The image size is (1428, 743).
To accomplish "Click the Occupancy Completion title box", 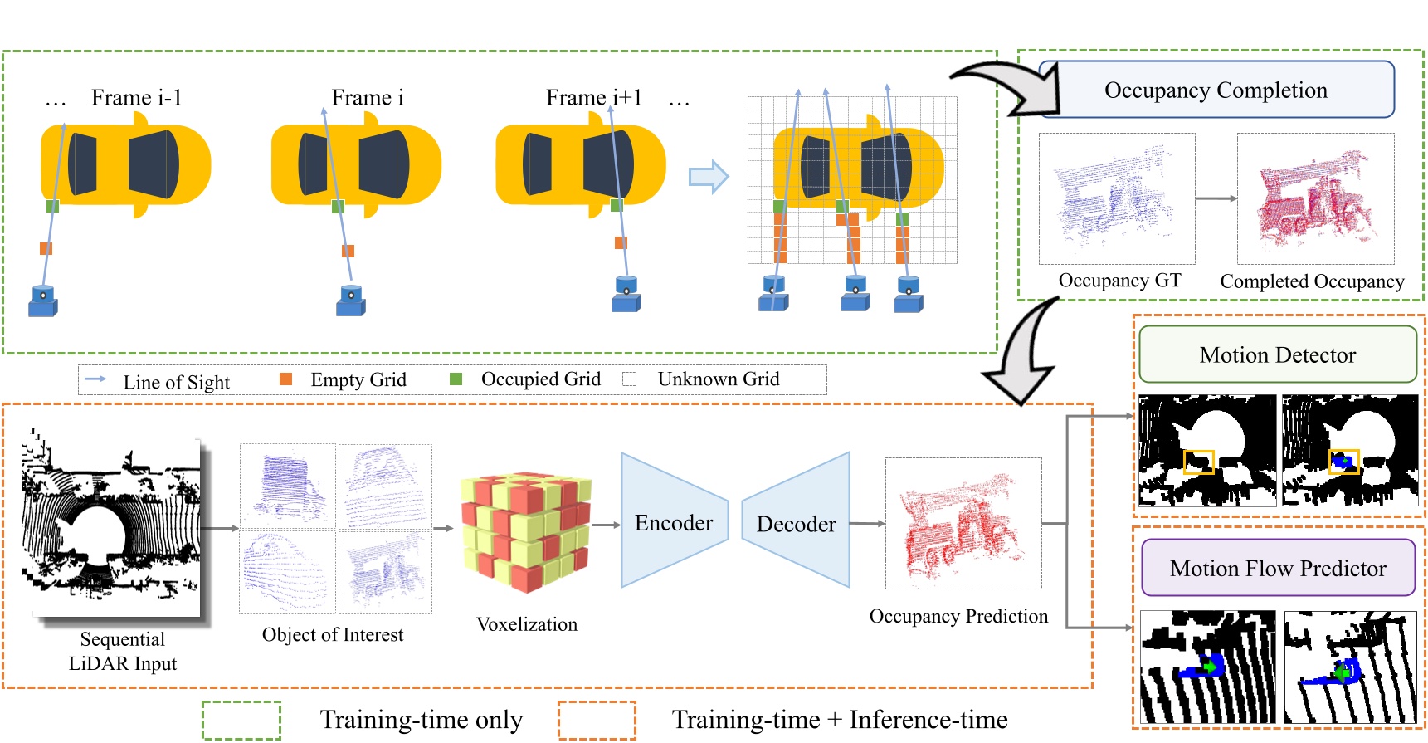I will (1216, 90).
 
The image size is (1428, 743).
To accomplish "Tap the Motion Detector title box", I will (1277, 354).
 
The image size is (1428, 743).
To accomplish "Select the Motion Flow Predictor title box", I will (1278, 568).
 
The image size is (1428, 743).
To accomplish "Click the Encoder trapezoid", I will (673, 522).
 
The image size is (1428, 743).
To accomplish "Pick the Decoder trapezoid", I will (796, 523).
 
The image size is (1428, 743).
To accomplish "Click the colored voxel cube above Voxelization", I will (526, 531).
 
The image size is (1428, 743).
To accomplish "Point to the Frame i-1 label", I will (136, 98).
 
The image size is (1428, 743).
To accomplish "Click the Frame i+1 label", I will (593, 98).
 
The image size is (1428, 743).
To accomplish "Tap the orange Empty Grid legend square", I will (286, 379).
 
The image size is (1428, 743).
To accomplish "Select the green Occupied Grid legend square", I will (456, 379).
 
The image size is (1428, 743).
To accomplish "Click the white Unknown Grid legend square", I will (630, 379).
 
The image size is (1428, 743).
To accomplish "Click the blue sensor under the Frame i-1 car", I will (42, 301).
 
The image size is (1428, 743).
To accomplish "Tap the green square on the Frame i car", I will (338, 206).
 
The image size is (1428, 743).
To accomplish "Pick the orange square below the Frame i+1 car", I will (621, 242).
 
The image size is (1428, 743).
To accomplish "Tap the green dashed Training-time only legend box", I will (241, 720).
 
